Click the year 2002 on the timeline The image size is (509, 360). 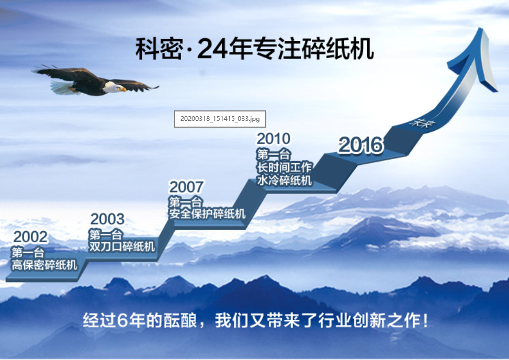(x=30, y=237)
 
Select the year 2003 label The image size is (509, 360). (x=107, y=219)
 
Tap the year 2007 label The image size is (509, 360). (x=186, y=187)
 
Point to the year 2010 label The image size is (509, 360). (x=273, y=139)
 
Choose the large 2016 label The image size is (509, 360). (x=360, y=145)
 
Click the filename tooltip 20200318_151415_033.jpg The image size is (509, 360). (x=220, y=119)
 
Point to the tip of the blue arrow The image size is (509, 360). (x=480, y=28)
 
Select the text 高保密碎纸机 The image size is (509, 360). (x=44, y=265)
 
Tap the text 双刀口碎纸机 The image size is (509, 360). (x=122, y=246)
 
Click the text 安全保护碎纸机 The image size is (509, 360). (x=207, y=213)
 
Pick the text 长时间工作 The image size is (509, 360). (x=285, y=167)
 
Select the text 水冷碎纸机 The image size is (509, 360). (x=285, y=180)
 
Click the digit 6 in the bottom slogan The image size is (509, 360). (x=122, y=320)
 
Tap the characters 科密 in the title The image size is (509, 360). (x=159, y=49)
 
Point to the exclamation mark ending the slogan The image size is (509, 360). (x=425, y=320)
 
